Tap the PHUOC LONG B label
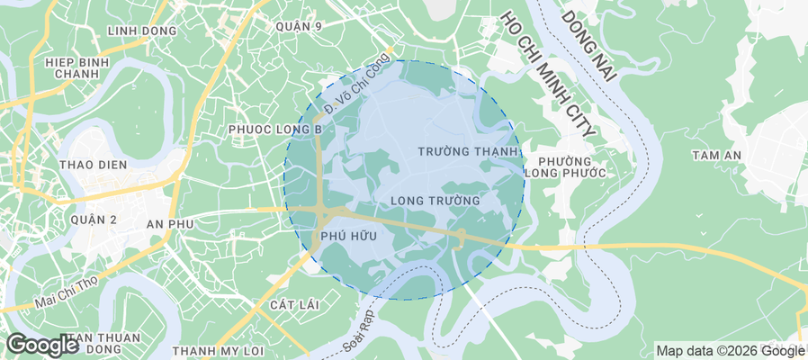click(x=275, y=130)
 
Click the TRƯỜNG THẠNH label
click(x=468, y=151)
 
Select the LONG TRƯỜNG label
click(x=435, y=199)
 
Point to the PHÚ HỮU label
click(x=342, y=236)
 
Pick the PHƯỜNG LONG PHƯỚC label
click(x=566, y=165)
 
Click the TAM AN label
click(x=716, y=155)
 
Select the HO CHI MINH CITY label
click(x=547, y=72)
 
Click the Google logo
click(x=42, y=344)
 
